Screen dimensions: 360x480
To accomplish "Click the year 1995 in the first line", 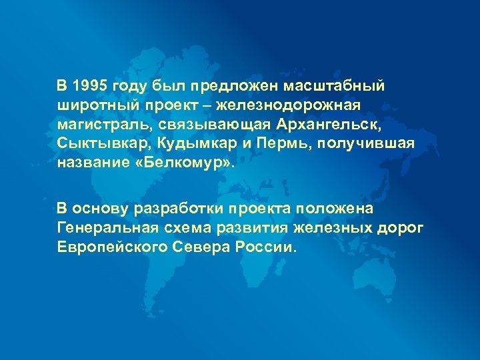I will point(91,86).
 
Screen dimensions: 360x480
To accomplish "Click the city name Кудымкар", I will point(186,144).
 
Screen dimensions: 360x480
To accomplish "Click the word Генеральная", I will point(107,228).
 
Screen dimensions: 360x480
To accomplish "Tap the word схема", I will point(195,228).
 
